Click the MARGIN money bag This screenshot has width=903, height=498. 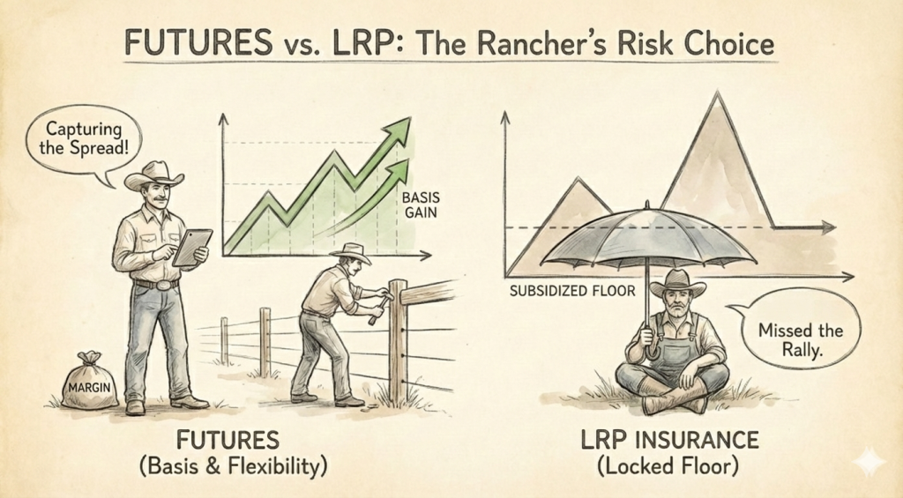pos(89,382)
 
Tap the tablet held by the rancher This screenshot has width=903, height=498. pos(192,247)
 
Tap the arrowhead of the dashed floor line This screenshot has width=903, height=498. pos(829,228)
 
